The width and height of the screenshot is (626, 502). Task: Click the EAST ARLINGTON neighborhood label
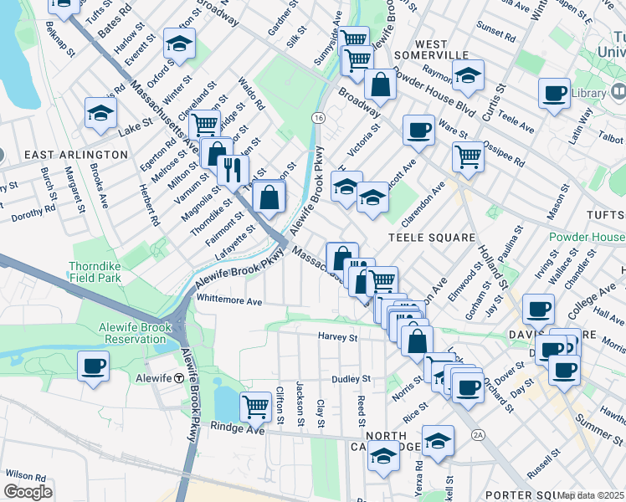click(76, 155)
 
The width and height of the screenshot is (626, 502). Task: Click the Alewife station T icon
click(178, 378)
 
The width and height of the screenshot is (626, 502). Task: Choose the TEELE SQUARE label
click(431, 238)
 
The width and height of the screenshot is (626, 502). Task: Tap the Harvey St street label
click(337, 338)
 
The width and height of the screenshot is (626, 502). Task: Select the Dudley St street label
click(345, 379)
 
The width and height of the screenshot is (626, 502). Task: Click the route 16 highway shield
click(318, 118)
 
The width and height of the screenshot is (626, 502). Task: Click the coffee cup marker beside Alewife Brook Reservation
click(93, 365)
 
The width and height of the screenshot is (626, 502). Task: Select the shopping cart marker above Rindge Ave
click(254, 407)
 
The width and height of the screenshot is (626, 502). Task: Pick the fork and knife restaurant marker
click(233, 169)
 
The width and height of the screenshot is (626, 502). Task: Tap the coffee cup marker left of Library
click(553, 93)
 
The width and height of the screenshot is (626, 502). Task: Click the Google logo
click(27, 492)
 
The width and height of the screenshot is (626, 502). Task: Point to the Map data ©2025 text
click(590, 495)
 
